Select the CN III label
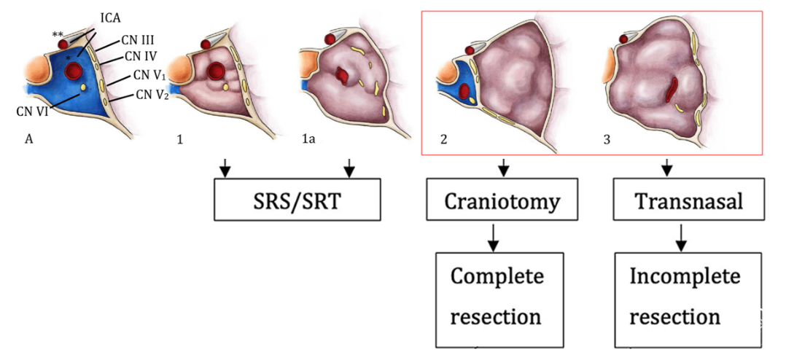pos(137,39)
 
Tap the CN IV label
pos(140,55)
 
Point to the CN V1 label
pos(149,75)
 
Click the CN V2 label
pos(152,95)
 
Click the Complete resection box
pos(499,297)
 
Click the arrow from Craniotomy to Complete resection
pos(493,235)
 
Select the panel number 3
pos(607,139)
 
